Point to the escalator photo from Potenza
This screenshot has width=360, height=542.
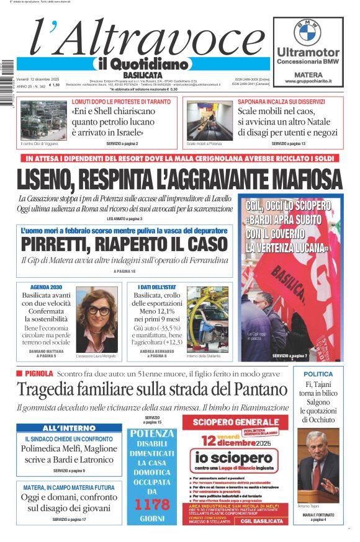[209, 120]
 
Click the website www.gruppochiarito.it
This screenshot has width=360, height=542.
[308, 81]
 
